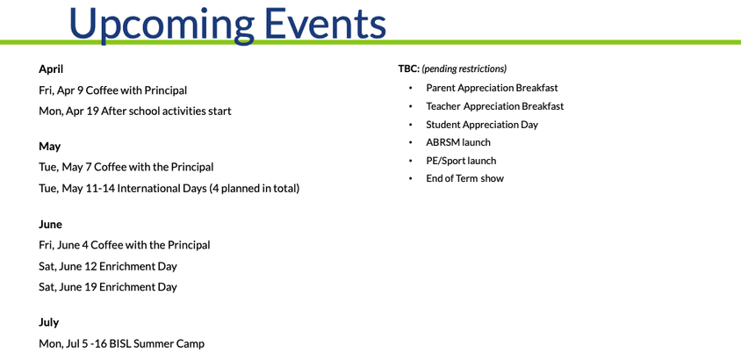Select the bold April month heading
pyautogui.click(x=51, y=68)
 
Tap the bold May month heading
pyautogui.click(x=49, y=146)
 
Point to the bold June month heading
pyautogui.click(x=50, y=224)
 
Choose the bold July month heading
pyautogui.click(x=48, y=322)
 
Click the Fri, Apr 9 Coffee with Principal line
pyautogui.click(x=112, y=90)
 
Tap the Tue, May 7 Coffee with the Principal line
pyautogui.click(x=126, y=167)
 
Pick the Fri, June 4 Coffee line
pyautogui.click(x=124, y=245)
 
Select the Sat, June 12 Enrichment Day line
pyautogui.click(x=107, y=266)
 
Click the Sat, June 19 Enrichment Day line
pyautogui.click(x=107, y=287)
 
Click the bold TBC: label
pyautogui.click(x=408, y=68)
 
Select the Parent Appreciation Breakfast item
pyautogui.click(x=492, y=88)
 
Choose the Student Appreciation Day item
pyautogui.click(x=482, y=125)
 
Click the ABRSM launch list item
pyautogui.click(x=458, y=142)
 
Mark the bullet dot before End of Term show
pyautogui.click(x=410, y=179)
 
